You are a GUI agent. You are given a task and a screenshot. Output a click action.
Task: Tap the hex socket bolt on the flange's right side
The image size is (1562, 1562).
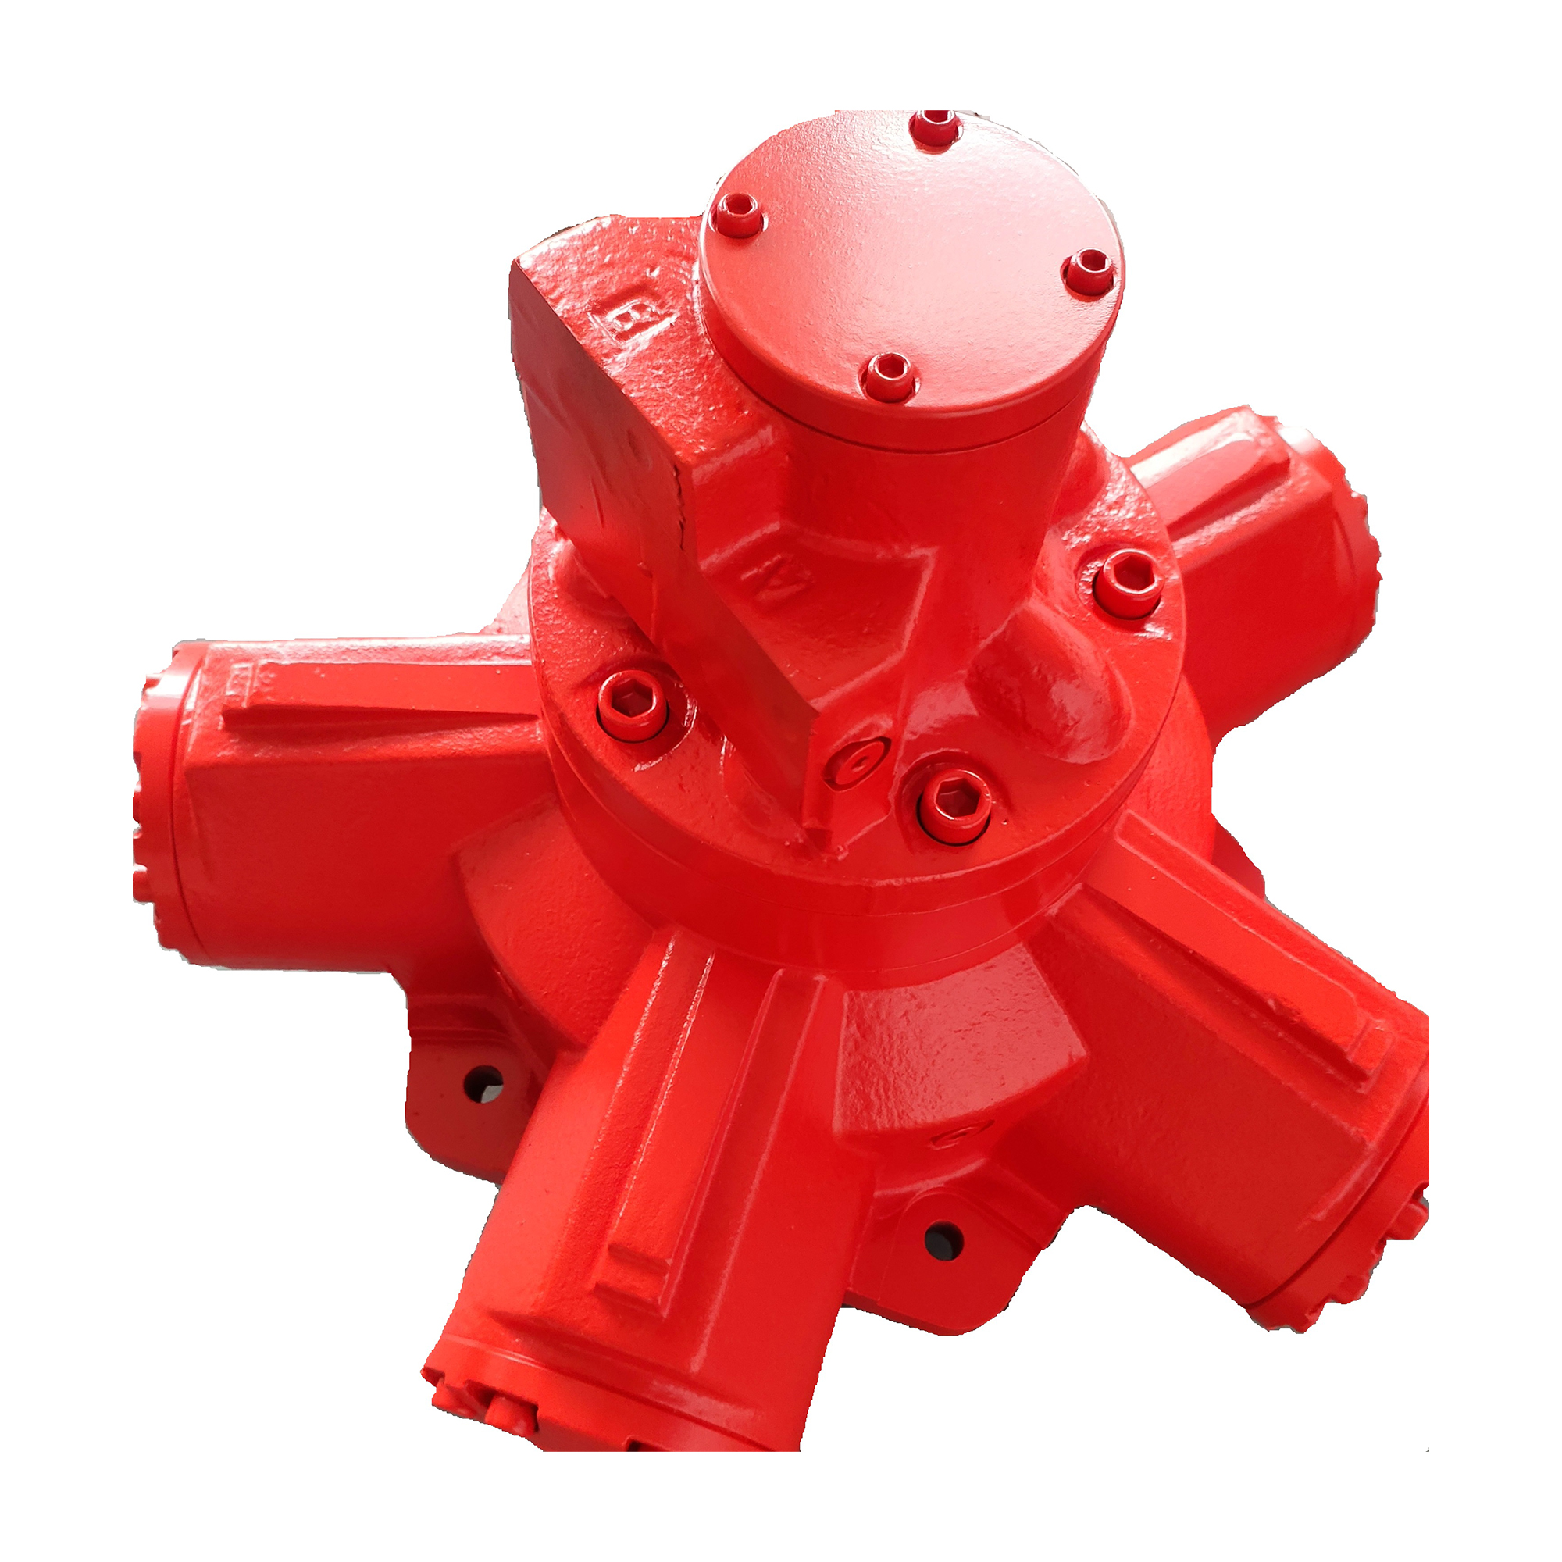point(1129,581)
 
